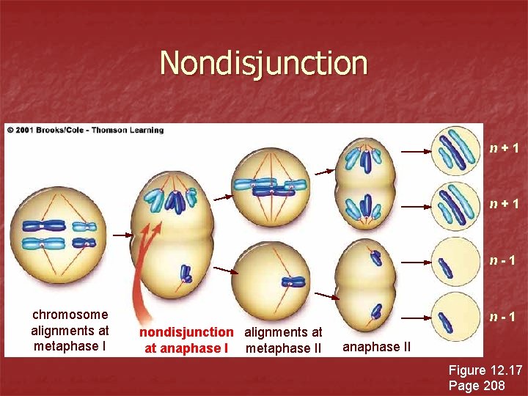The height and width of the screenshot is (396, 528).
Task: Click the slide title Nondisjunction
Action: click(263, 63)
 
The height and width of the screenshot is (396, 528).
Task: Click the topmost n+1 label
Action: click(505, 149)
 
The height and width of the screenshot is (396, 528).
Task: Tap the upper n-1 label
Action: click(506, 260)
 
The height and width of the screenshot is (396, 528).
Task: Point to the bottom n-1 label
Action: click(505, 318)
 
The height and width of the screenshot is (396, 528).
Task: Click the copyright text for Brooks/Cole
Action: click(86, 130)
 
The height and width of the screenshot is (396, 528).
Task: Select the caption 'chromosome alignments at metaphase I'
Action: click(70, 330)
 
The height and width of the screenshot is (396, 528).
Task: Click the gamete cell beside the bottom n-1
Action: click(455, 316)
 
